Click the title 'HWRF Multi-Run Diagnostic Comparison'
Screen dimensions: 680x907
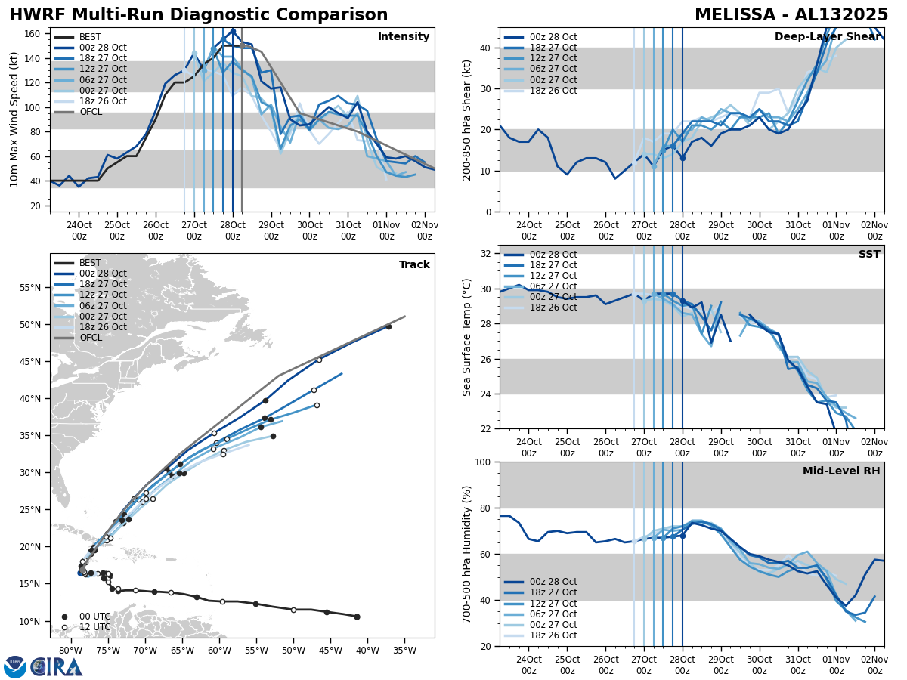pyautogui.click(x=198, y=15)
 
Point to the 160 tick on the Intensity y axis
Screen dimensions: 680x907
pyautogui.click(x=35, y=34)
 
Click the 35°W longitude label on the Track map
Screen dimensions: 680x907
pyautogui.click(x=404, y=651)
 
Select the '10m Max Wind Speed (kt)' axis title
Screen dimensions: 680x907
pyautogui.click(x=14, y=119)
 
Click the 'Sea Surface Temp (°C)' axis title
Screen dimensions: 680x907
pyautogui.click(x=467, y=337)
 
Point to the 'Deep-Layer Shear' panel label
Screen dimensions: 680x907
pyautogui.click(x=827, y=37)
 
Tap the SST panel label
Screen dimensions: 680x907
pyautogui.click(x=868, y=255)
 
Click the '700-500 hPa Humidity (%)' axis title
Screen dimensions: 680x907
pyautogui.click(x=467, y=554)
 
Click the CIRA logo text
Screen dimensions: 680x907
pyautogui.click(x=57, y=666)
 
